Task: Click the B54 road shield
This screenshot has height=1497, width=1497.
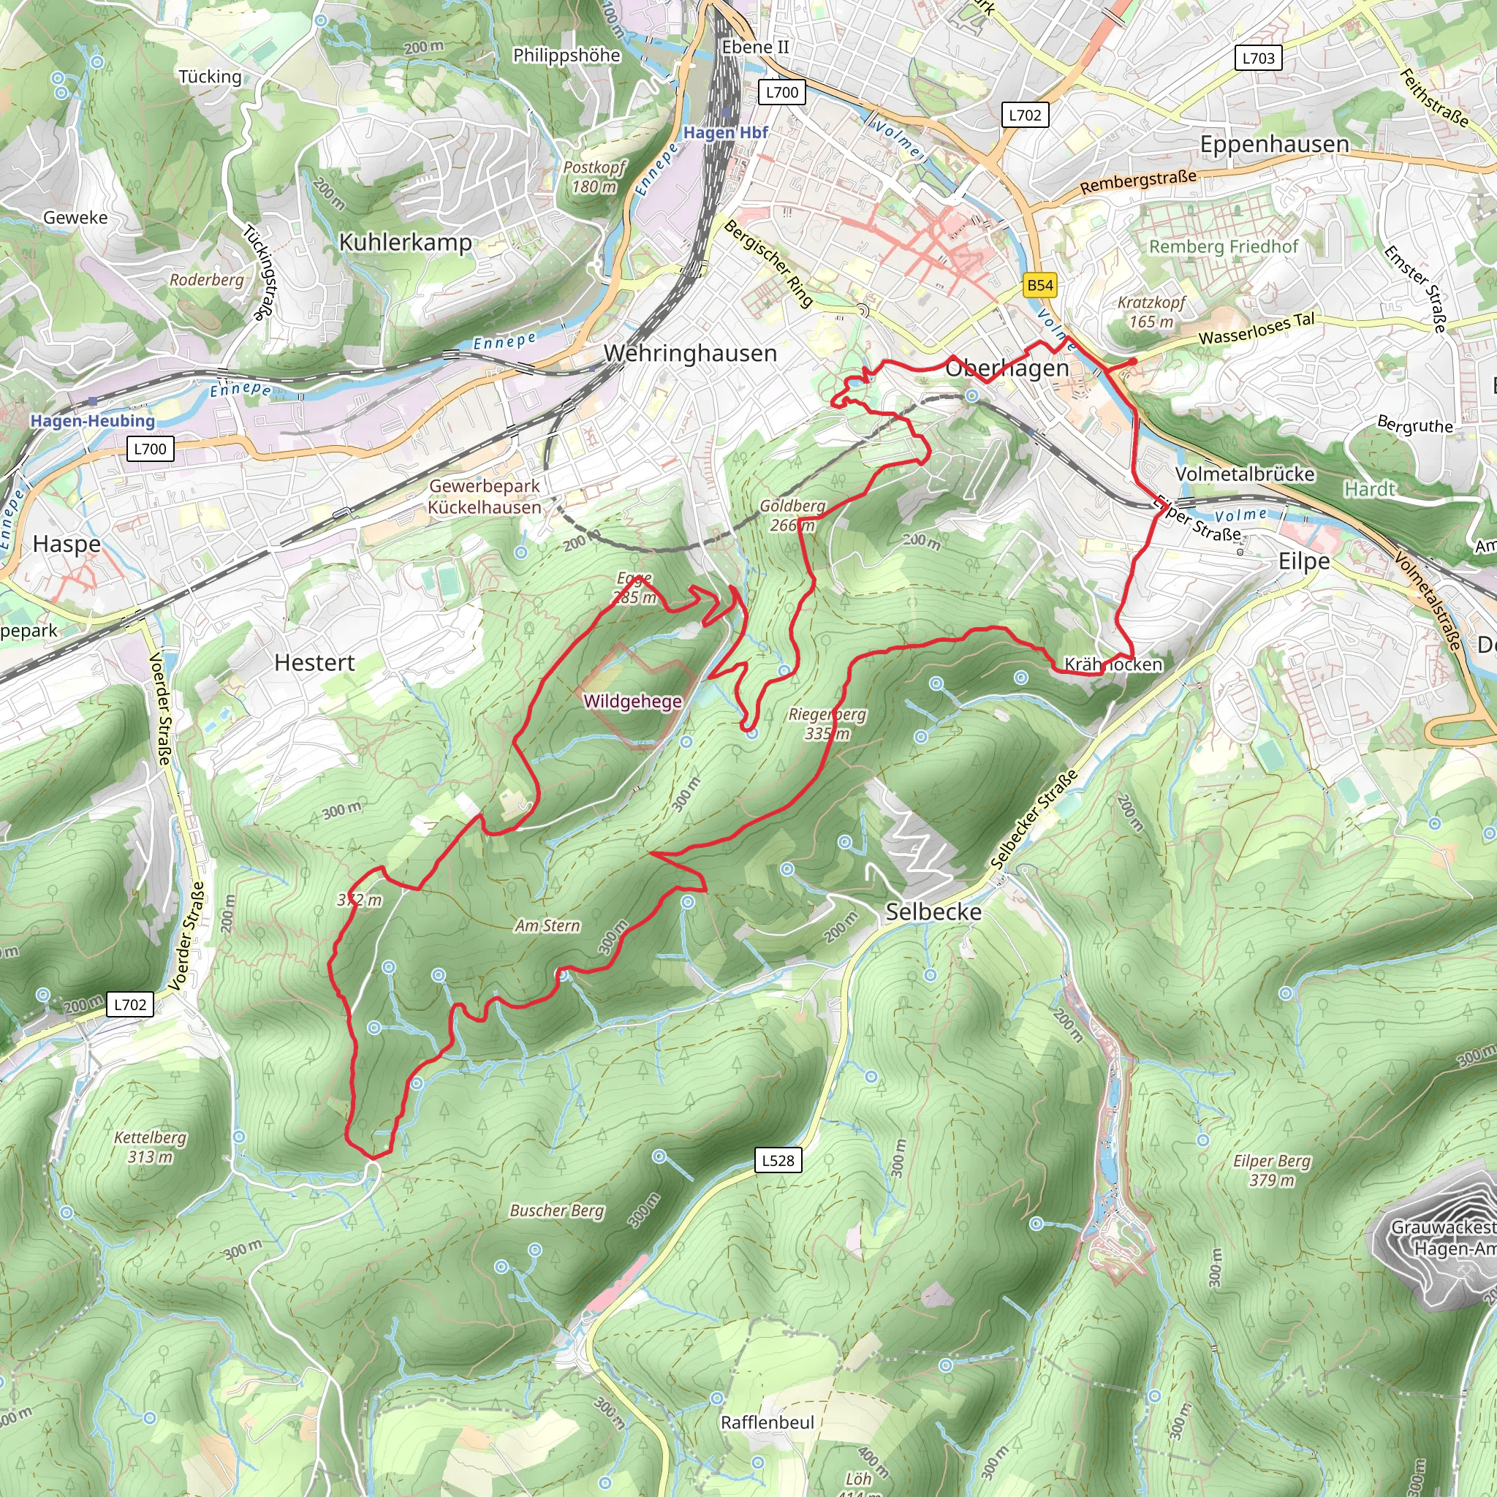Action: (x=1040, y=285)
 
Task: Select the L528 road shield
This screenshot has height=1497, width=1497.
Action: (x=778, y=1160)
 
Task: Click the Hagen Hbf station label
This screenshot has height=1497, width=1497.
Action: (x=725, y=132)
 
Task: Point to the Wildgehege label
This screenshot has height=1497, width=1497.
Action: (x=632, y=701)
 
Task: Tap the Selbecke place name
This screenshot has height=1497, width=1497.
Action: (x=933, y=912)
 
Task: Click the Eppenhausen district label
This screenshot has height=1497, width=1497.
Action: (x=1274, y=144)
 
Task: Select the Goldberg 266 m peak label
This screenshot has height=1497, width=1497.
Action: (x=792, y=515)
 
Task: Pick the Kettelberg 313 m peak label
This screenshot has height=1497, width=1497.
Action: (x=151, y=1147)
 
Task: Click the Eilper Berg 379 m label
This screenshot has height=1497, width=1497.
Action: (x=1272, y=1170)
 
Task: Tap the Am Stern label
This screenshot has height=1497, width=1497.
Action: (x=547, y=925)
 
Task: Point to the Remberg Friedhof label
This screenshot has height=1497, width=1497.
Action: (x=1223, y=246)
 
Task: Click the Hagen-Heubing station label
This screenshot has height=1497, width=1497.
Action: (x=92, y=421)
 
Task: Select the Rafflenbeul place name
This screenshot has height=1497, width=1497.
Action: (x=767, y=1422)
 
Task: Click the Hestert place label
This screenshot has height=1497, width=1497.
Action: (x=314, y=662)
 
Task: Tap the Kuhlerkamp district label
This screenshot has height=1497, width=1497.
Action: (x=405, y=243)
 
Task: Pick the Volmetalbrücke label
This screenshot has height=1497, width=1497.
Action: (x=1244, y=474)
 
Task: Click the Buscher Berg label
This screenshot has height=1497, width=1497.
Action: (x=556, y=1210)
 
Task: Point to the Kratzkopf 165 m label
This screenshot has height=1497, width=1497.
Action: (x=1151, y=311)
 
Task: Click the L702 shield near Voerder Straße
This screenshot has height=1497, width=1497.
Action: (x=129, y=1004)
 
